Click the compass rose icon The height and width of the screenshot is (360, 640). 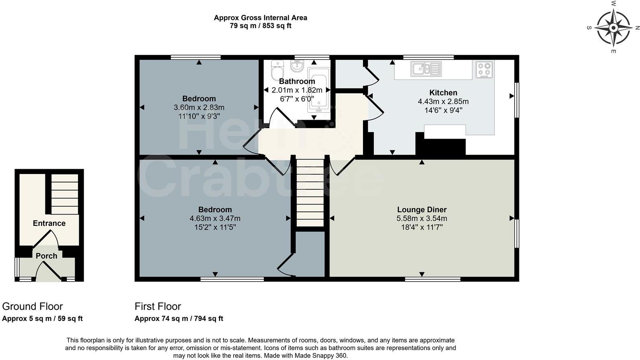pos(613,28)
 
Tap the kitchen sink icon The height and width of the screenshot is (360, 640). pos(426,69)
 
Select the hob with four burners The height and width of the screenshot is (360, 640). pos(484,69)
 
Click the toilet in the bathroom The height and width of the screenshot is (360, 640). pos(277,71)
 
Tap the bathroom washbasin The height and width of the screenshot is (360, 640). pos(297,65)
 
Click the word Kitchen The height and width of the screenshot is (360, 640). pos(443,93)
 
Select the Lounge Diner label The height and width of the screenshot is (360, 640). pos(422,210)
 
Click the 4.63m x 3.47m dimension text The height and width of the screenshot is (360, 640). pos(215,219)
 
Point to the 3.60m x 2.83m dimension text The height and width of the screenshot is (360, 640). pos(199,108)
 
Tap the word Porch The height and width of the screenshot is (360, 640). pos(47,256)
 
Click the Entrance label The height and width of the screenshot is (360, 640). pos(49,223)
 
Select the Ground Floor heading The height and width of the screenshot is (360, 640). pos(33,307)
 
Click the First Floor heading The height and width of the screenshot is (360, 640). pos(158,307)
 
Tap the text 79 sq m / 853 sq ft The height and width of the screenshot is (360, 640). pos(260,26)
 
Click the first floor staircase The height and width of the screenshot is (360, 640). pos(310,193)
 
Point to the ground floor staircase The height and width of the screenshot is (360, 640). pos(65,194)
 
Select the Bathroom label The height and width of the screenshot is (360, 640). pos(297,82)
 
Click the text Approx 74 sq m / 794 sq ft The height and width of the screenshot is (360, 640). pos(178,319)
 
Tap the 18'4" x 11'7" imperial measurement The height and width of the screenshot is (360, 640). pos(422,227)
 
